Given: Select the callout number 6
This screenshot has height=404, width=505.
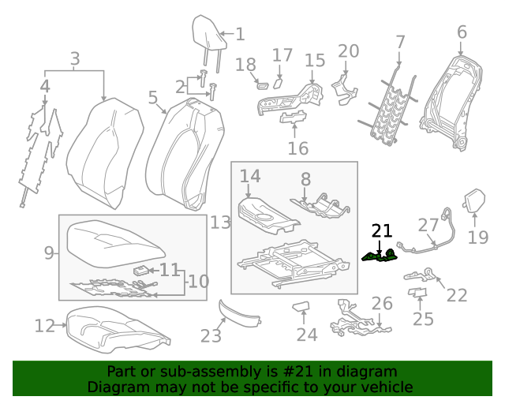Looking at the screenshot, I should click(x=462, y=32).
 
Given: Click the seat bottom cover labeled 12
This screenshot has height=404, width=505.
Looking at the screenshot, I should click(x=117, y=326).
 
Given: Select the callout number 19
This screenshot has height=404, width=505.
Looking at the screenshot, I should click(x=478, y=238).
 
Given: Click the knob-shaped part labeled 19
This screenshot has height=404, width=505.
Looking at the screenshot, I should click(x=475, y=200).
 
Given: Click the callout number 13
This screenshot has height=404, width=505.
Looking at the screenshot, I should click(x=220, y=223).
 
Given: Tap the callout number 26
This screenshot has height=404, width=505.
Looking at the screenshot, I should click(x=382, y=304).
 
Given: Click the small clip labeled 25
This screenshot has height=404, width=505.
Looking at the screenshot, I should click(x=417, y=294).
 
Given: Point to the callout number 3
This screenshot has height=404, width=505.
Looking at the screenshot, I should click(x=75, y=58).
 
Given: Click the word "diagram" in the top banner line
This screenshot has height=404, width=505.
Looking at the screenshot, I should click(x=367, y=372).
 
